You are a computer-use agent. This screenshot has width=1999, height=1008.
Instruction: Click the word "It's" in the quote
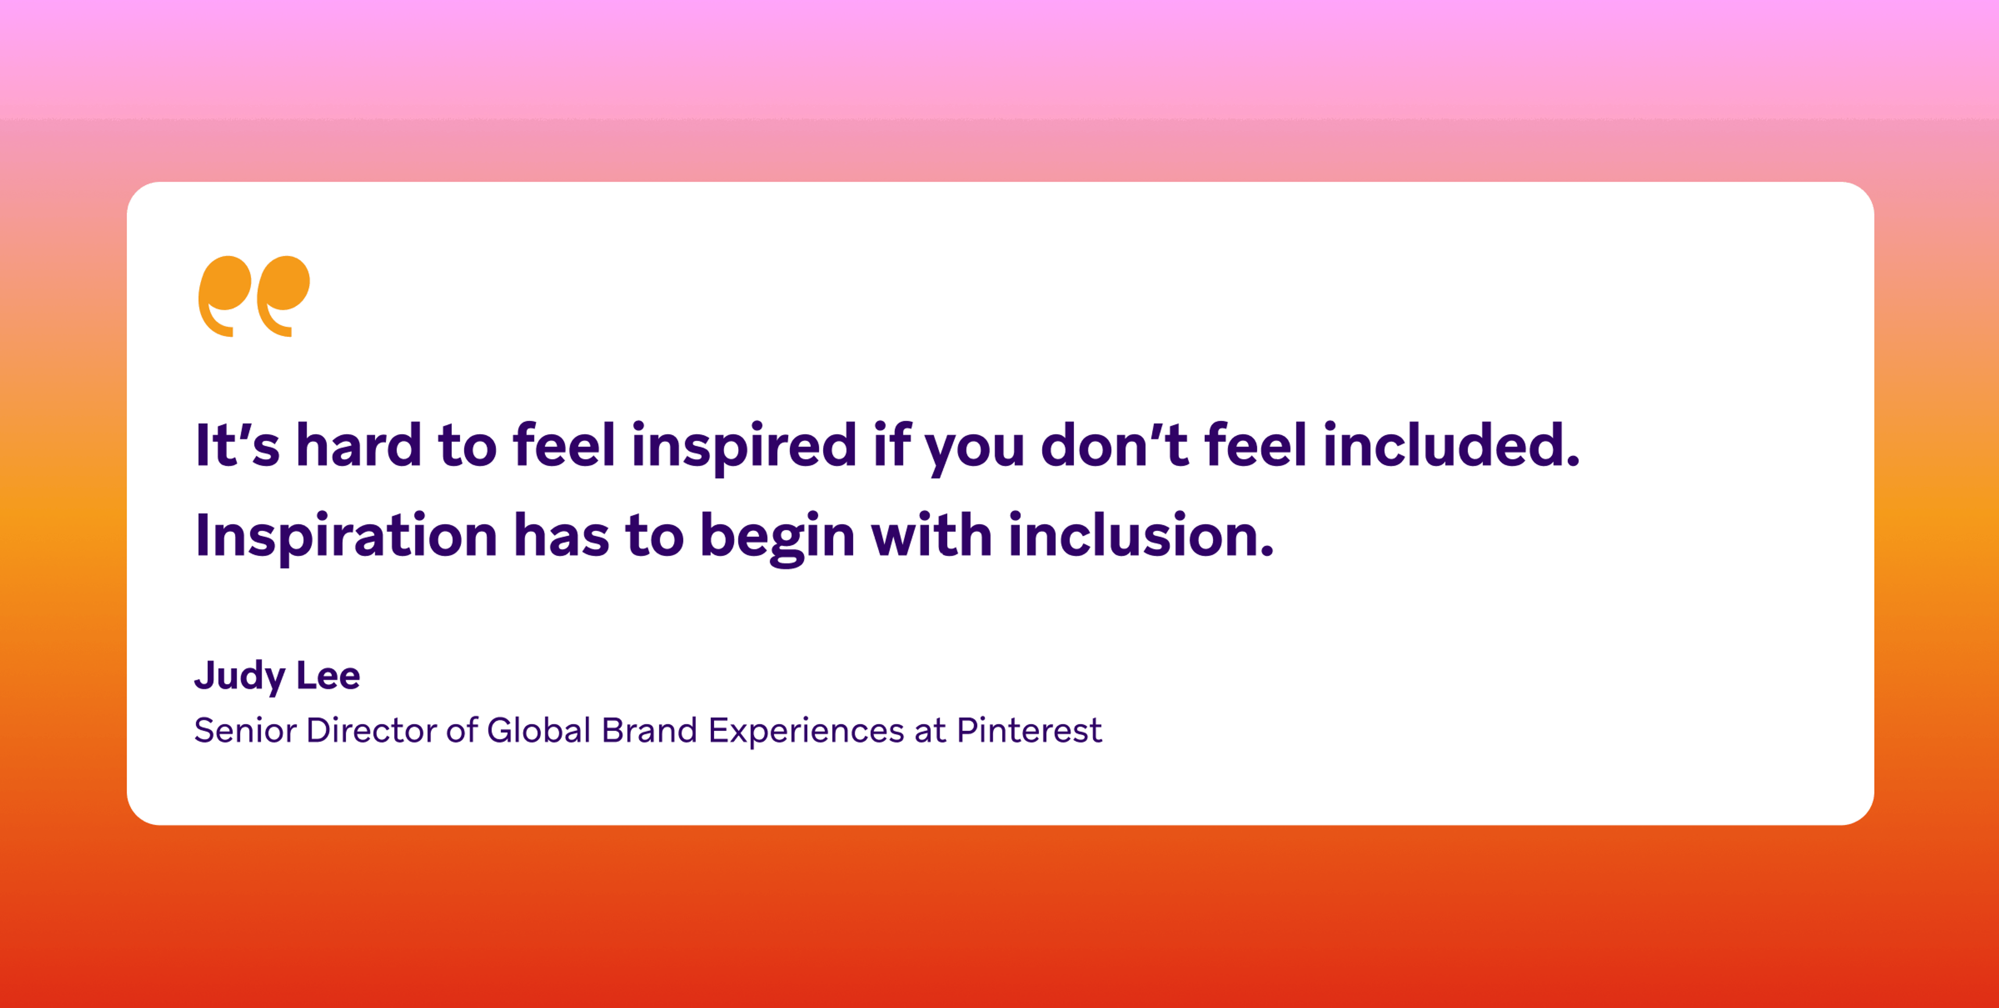(237, 445)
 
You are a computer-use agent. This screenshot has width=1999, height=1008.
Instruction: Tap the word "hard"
(359, 445)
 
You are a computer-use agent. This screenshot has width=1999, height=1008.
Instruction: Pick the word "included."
(1451, 445)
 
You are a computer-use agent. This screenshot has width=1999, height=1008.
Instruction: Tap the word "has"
(561, 535)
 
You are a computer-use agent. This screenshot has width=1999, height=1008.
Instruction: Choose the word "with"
(931, 535)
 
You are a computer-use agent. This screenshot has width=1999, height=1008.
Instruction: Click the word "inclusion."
(1141, 535)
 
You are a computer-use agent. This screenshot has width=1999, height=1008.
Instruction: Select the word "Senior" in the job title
(245, 730)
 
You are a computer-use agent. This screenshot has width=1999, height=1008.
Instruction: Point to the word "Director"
(371, 730)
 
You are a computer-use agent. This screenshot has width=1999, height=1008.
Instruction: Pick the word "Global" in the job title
(539, 730)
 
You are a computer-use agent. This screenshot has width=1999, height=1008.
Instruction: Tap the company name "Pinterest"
(1029, 730)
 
